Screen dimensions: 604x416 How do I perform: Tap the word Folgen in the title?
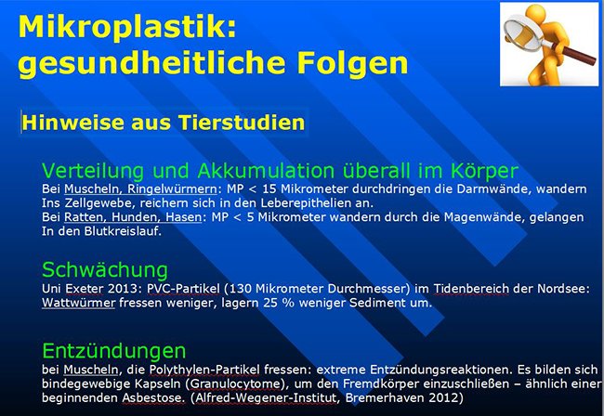tap(352, 63)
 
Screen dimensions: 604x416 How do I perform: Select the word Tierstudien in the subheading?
tap(242, 123)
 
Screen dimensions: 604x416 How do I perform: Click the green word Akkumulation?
tap(266, 171)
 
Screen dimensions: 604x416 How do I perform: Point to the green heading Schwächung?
tap(105, 270)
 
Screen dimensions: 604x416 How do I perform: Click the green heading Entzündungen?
tap(114, 351)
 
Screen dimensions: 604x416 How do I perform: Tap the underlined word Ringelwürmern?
tap(172, 189)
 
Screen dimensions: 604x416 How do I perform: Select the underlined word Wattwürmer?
tap(79, 303)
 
